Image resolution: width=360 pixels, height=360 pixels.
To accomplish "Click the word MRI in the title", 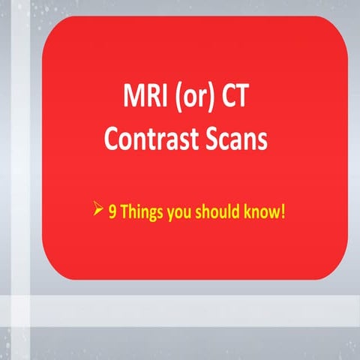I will point(142,99).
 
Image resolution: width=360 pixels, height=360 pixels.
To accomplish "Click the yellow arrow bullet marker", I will point(97,211).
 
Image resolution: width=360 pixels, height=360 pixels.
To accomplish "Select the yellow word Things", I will point(139,212).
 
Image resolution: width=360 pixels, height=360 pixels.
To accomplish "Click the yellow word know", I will point(260,212).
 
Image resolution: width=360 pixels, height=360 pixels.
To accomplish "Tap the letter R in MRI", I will point(146,99).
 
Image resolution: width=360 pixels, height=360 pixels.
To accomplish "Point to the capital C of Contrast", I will point(112,139).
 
